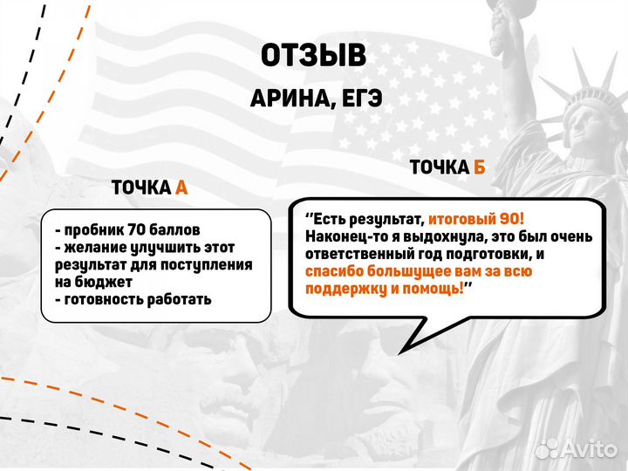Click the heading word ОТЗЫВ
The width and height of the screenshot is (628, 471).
(313, 57)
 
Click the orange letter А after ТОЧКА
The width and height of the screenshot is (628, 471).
(181, 188)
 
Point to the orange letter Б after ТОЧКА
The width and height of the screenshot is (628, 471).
(479, 167)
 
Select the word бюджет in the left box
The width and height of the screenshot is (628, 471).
(102, 283)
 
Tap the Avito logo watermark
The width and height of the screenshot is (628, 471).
(576, 448)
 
